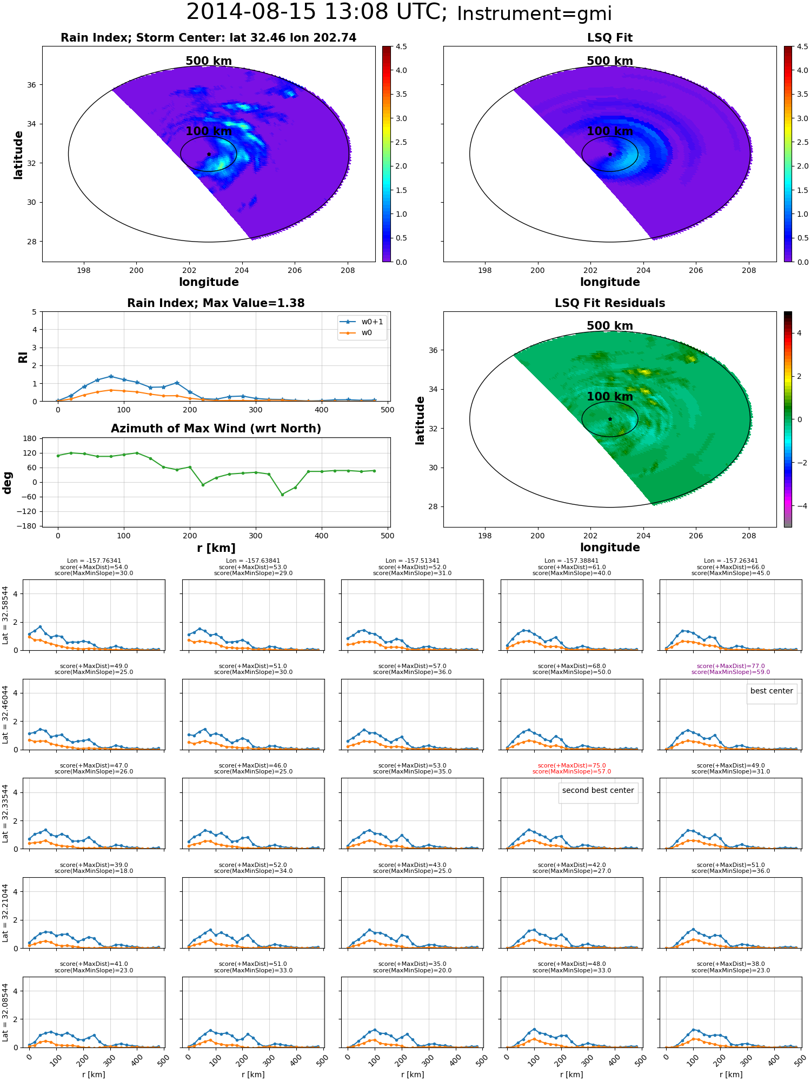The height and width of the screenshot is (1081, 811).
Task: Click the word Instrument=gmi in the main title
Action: (x=534, y=14)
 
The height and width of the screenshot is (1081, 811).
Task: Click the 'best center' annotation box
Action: (x=772, y=691)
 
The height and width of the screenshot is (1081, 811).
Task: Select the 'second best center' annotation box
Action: (x=598, y=791)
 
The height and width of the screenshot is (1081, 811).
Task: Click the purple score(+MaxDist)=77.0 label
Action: (x=730, y=666)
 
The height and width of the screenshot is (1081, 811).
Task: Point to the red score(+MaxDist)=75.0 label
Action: (x=571, y=766)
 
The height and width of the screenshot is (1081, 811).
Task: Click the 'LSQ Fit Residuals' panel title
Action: (x=610, y=303)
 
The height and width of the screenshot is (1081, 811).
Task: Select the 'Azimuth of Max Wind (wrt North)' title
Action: (x=216, y=429)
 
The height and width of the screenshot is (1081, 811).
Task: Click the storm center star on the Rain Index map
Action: (x=209, y=155)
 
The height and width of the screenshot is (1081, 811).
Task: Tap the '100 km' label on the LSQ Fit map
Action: (x=610, y=131)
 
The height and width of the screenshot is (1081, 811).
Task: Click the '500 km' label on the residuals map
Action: (x=610, y=326)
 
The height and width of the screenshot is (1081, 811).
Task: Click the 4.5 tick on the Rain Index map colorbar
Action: (x=401, y=47)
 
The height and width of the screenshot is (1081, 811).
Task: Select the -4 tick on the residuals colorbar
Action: (x=799, y=506)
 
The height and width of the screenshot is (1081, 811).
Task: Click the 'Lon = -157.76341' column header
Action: (x=94, y=561)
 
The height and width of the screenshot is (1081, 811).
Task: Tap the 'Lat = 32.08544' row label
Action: (x=5, y=1012)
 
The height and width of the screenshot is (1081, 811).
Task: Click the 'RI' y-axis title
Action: (x=23, y=357)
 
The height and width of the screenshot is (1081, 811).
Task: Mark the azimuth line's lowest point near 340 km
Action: (x=282, y=495)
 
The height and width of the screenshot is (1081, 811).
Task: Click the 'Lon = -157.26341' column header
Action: (x=731, y=561)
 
